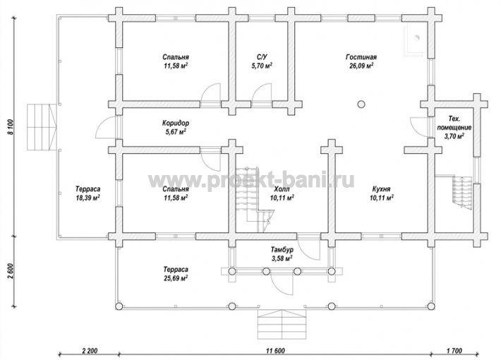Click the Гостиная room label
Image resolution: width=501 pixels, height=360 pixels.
click(x=361, y=57)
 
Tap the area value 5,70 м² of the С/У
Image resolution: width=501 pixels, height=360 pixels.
click(x=262, y=66)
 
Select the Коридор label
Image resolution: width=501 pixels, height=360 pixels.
click(x=176, y=123)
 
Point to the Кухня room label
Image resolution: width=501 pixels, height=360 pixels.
click(x=381, y=189)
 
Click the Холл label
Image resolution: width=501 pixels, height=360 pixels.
click(x=282, y=189)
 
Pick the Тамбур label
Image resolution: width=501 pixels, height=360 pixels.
click(x=282, y=249)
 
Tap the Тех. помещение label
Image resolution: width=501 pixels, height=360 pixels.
click(x=454, y=123)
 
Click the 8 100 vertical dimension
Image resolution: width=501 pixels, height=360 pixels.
click(x=11, y=127)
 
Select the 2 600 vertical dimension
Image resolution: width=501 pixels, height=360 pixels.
click(x=11, y=271)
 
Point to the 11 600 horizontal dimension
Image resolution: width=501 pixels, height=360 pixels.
click(x=275, y=351)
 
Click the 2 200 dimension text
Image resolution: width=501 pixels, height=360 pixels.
click(x=90, y=351)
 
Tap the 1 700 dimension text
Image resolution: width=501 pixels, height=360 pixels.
click(x=454, y=351)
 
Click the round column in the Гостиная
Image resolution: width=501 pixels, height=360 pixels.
click(x=361, y=104)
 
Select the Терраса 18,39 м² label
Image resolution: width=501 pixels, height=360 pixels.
click(x=87, y=193)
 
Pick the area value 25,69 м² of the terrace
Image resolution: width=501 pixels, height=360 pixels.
click(x=176, y=278)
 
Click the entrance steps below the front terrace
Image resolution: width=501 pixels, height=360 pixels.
click(x=282, y=324)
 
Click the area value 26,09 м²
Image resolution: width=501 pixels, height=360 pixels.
click(x=361, y=66)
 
